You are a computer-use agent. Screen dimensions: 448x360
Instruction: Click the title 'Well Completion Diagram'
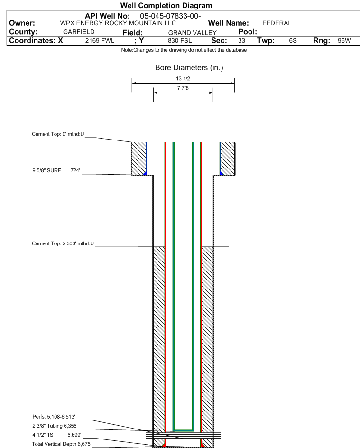[166, 6]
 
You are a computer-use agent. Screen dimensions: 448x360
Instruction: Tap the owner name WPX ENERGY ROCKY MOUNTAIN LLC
[118, 23]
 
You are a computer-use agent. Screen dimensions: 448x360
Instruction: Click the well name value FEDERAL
[277, 23]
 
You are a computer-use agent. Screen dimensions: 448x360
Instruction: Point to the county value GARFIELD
[79, 32]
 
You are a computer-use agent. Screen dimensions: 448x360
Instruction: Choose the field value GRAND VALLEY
[192, 32]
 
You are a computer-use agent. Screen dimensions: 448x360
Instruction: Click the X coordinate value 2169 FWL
[100, 41]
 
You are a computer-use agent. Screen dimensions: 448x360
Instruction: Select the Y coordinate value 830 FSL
[179, 41]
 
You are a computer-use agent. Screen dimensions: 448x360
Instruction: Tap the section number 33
[241, 41]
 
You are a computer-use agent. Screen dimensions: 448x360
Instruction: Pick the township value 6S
[293, 41]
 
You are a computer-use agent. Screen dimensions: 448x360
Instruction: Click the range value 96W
[344, 41]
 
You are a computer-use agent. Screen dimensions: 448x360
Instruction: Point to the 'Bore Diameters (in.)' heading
[189, 68]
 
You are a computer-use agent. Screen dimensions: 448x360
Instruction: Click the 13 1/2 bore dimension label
[183, 79]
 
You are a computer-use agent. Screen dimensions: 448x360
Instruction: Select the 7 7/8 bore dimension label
[183, 88]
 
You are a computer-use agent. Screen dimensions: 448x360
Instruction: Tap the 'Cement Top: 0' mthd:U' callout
[58, 134]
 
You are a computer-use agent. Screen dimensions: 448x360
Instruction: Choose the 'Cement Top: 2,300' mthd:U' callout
[63, 243]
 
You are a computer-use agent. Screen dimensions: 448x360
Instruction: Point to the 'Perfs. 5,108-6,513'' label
[54, 416]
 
